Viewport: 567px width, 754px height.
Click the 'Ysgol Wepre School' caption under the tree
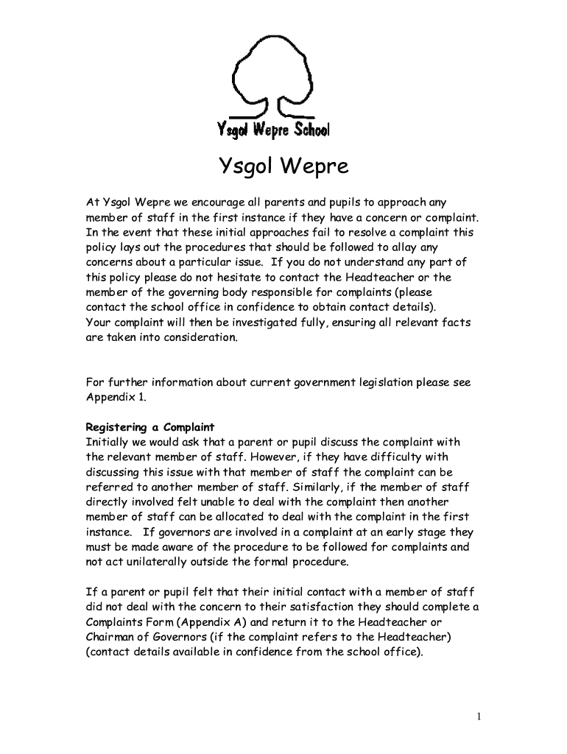pyautogui.click(x=273, y=130)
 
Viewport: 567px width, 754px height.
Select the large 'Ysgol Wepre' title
pyautogui.click(x=283, y=168)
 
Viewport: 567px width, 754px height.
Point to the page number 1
pyautogui.click(x=478, y=716)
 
